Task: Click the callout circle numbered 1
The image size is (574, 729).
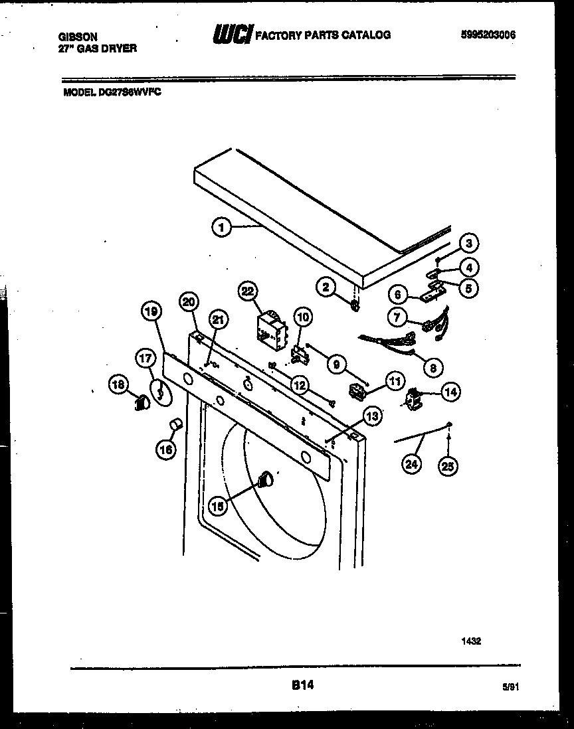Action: click(x=222, y=228)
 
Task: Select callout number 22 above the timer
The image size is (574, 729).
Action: click(x=247, y=291)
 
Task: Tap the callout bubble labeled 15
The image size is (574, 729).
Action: click(x=217, y=505)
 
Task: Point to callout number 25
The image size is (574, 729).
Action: click(x=448, y=467)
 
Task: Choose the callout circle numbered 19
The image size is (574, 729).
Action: click(x=151, y=311)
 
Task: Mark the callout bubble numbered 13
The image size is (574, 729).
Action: click(x=373, y=417)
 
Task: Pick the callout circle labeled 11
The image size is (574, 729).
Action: click(x=395, y=382)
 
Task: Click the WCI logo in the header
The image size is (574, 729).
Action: click(x=231, y=35)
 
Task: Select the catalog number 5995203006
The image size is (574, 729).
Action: click(x=488, y=35)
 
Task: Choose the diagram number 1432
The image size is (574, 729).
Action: click(x=471, y=641)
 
